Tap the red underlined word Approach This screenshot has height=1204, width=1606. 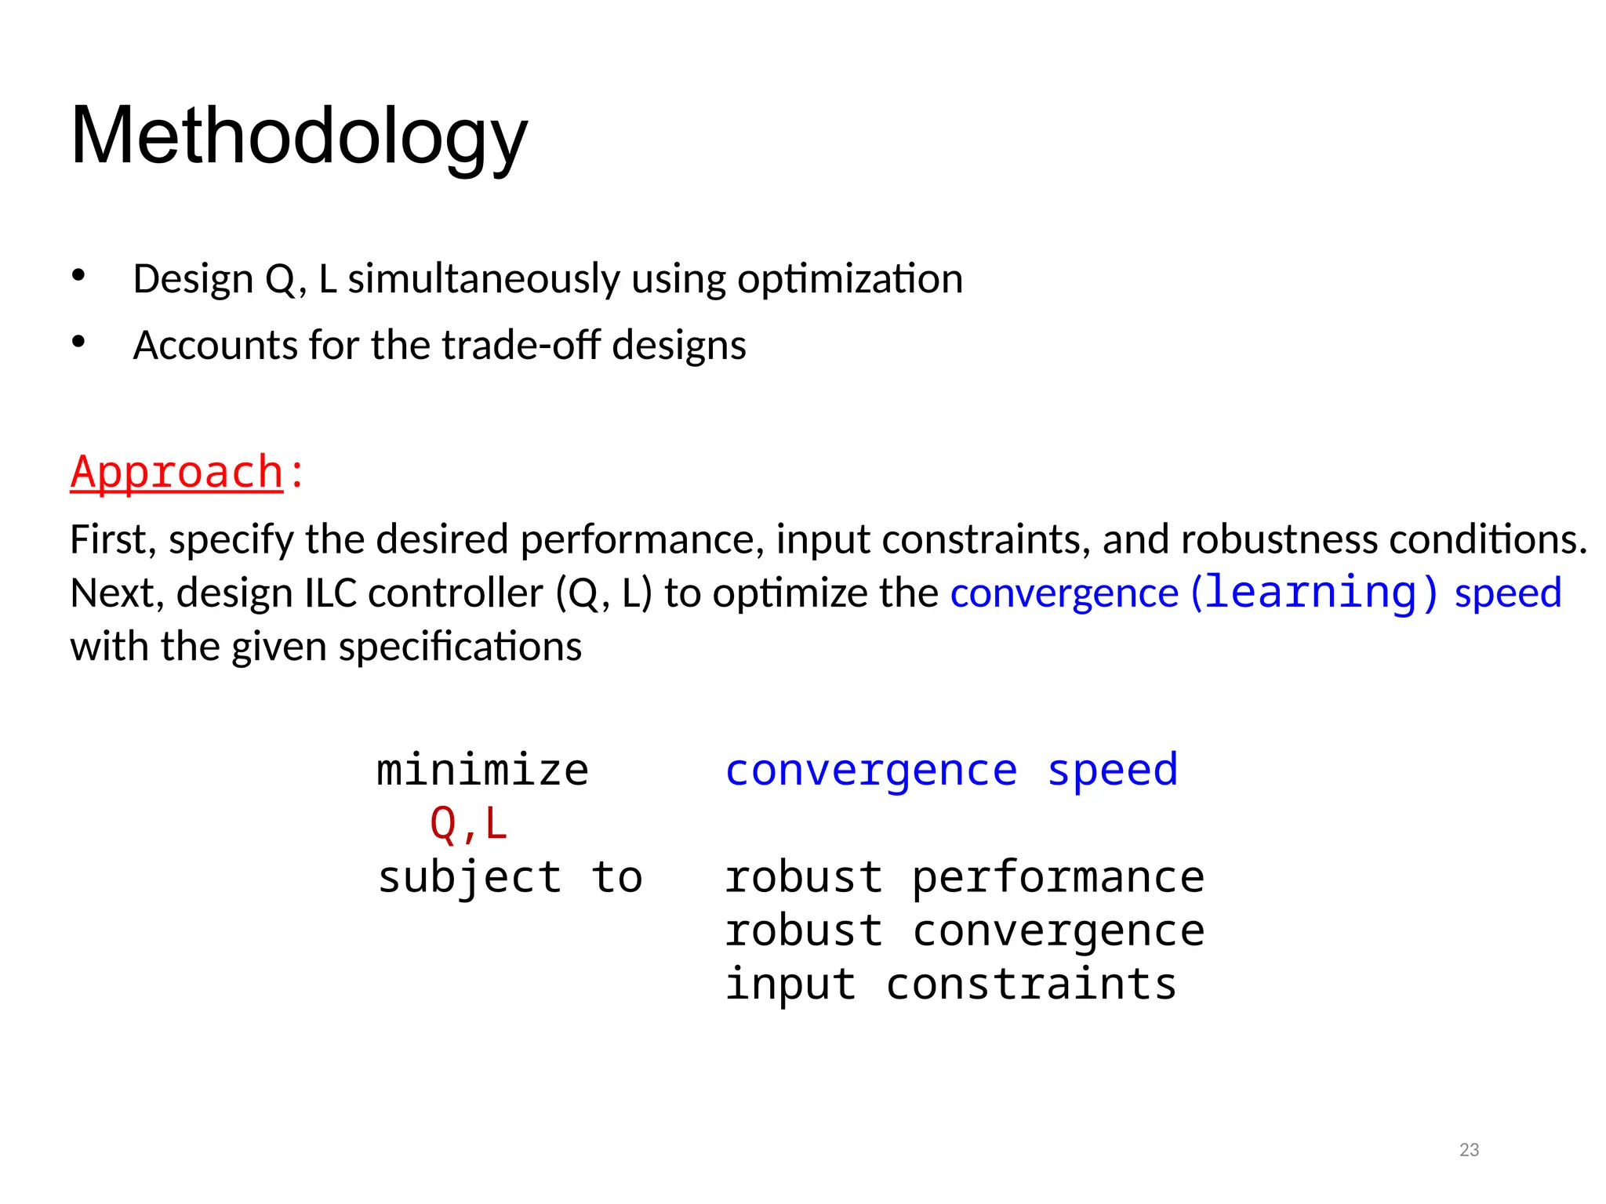[176, 473]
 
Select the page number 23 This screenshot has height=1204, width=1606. [1469, 1150]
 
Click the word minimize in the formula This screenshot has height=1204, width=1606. [482, 770]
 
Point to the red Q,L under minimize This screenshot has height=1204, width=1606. [469, 824]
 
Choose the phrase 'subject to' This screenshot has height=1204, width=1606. [510, 877]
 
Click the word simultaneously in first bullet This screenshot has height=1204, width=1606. [484, 279]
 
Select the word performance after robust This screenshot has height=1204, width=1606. [1058, 877]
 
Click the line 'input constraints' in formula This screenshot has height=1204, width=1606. [950, 984]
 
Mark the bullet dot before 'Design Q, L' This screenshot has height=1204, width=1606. [78, 275]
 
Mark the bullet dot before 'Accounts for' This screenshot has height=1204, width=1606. [78, 342]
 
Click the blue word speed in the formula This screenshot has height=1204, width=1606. [1112, 770]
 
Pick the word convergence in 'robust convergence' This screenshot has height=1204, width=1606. [1058, 931]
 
